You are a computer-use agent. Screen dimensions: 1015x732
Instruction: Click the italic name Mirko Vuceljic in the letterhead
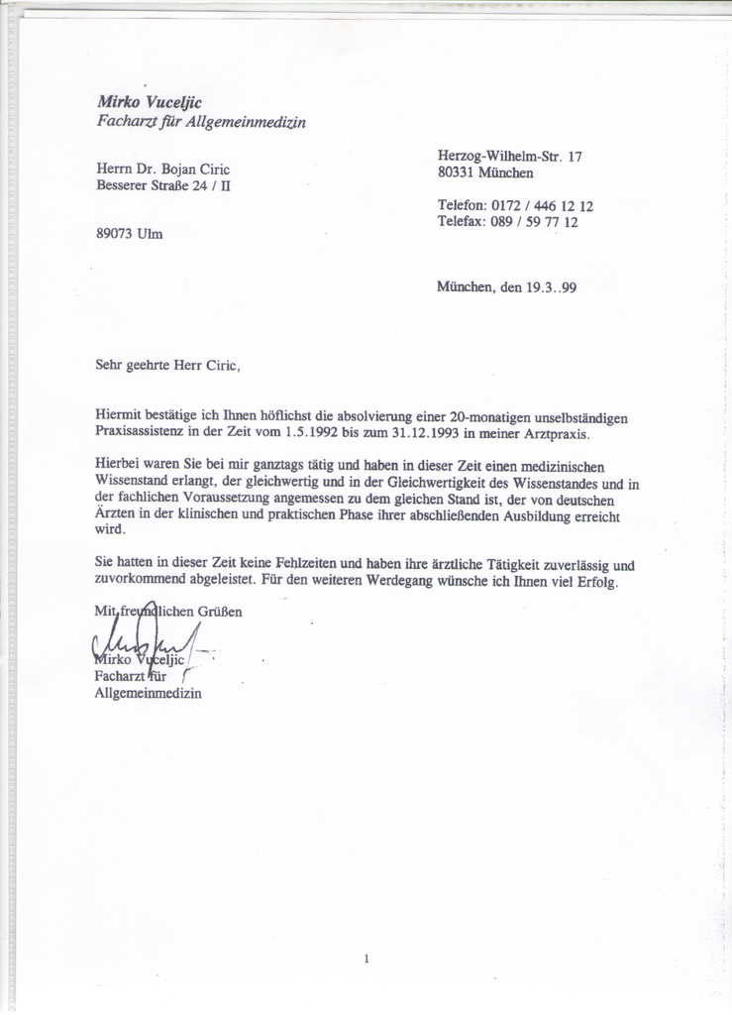[149, 101]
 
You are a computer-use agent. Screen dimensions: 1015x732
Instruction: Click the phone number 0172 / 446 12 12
[542, 206]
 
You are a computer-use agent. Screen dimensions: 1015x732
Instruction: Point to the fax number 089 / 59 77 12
[534, 222]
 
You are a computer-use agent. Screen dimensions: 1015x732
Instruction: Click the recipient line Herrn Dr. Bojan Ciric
[162, 169]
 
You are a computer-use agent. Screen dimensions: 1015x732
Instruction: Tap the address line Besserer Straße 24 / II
[163, 184]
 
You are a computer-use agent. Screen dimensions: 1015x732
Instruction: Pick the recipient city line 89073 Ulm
[130, 234]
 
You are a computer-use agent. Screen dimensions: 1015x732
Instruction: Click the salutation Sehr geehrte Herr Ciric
[167, 364]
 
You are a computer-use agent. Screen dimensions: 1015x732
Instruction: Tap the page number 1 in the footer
[366, 959]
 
